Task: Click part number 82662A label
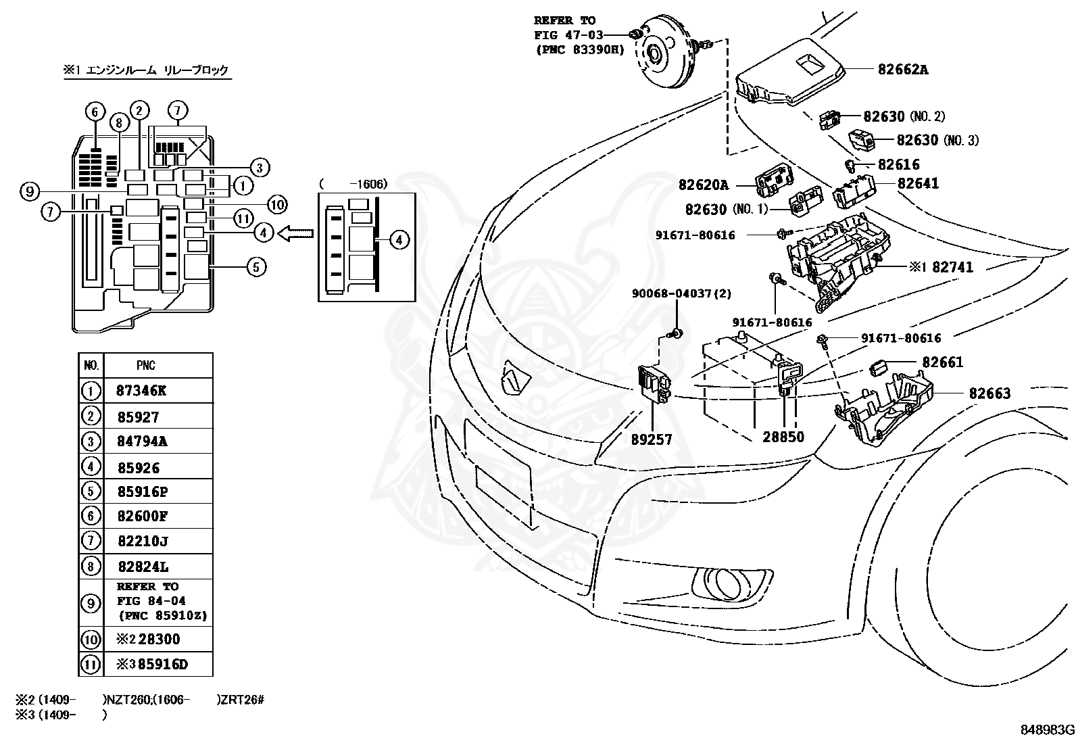tap(902, 69)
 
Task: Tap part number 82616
tap(898, 164)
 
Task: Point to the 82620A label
tap(704, 185)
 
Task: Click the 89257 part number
tap(652, 439)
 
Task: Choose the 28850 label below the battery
tap(783, 437)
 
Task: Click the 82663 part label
tap(989, 393)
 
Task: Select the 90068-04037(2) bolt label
tap(681, 293)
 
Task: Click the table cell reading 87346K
tap(142, 391)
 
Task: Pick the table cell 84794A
tap(142, 441)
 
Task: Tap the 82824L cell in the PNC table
tap(142, 567)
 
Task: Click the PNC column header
tap(146, 366)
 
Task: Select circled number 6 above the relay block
tap(95, 112)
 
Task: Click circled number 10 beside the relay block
tap(277, 203)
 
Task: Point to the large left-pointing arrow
tap(296, 233)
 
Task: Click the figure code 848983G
tap(1046, 730)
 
